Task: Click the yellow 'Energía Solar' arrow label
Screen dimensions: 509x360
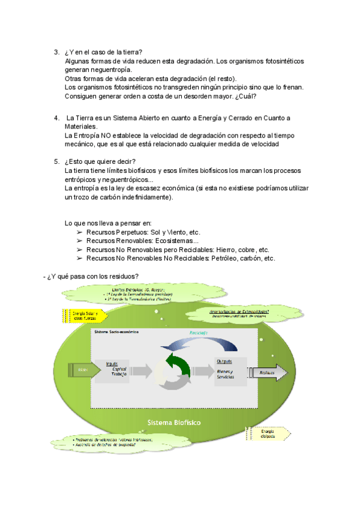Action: [x=85, y=316]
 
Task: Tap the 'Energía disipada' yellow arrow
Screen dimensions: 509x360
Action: [x=268, y=433]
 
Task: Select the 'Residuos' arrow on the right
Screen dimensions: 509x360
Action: [x=271, y=372]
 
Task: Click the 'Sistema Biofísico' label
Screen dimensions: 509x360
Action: [x=174, y=423]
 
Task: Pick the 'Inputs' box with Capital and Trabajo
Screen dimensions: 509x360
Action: [x=120, y=372]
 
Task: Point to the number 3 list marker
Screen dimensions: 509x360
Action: [x=56, y=52]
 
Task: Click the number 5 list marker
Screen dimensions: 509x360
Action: [x=56, y=161]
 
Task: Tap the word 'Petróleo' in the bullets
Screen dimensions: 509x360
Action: [x=226, y=259]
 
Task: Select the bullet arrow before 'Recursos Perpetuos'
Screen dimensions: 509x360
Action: [x=79, y=232]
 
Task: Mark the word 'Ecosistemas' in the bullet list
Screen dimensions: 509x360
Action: [x=181, y=241]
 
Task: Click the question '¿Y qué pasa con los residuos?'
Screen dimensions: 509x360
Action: [x=93, y=276]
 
